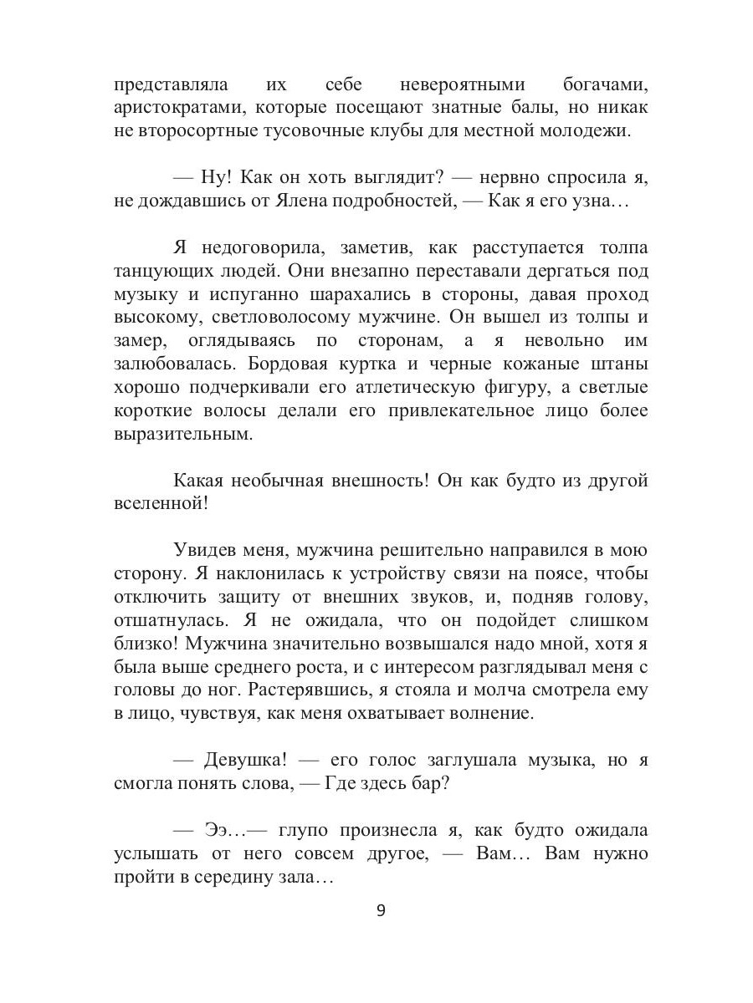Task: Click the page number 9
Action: (x=381, y=910)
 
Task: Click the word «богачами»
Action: (x=601, y=85)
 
